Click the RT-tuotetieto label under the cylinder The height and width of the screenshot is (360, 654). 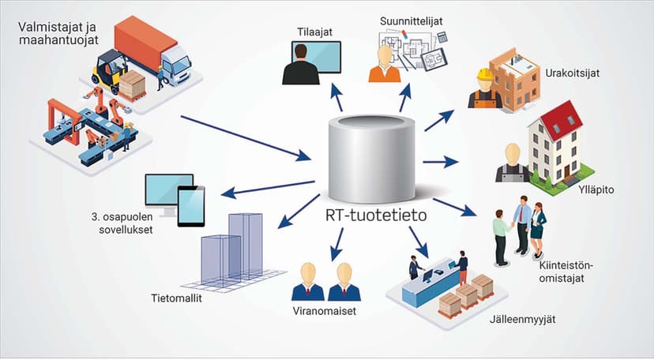click(376, 215)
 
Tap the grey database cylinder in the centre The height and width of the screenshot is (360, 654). click(371, 159)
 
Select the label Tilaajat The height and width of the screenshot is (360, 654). click(315, 32)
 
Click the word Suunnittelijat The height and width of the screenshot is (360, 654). click(411, 21)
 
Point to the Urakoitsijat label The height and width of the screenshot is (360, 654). click(572, 73)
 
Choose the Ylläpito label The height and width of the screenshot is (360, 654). click(596, 190)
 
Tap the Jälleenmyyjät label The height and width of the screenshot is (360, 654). click(523, 320)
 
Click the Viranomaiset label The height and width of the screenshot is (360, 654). click(325, 311)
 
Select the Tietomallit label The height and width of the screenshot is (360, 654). click(176, 298)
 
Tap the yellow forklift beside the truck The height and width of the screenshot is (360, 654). click(110, 71)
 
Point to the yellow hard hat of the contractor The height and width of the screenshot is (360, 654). click(485, 74)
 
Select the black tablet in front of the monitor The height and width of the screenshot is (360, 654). click(191, 206)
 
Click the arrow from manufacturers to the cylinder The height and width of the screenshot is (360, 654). click(246, 138)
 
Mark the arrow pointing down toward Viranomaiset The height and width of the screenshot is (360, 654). click(337, 244)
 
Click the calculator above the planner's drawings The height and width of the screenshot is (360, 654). click(442, 37)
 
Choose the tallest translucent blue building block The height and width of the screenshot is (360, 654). click(246, 246)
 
